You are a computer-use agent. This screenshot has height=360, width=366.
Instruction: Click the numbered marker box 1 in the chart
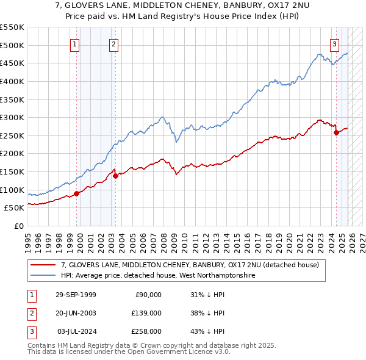(x=74, y=43)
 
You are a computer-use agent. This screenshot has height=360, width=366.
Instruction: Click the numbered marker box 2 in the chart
(x=114, y=43)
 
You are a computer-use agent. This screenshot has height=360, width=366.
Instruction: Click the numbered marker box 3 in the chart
(x=335, y=43)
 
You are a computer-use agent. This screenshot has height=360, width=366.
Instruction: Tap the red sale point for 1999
(x=77, y=193)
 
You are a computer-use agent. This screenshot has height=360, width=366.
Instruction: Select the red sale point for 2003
(x=115, y=176)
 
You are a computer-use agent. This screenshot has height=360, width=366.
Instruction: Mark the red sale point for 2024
(x=336, y=132)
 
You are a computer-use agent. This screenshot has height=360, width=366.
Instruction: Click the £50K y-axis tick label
(x=14, y=208)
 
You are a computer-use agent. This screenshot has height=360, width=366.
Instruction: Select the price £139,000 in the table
(x=146, y=313)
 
